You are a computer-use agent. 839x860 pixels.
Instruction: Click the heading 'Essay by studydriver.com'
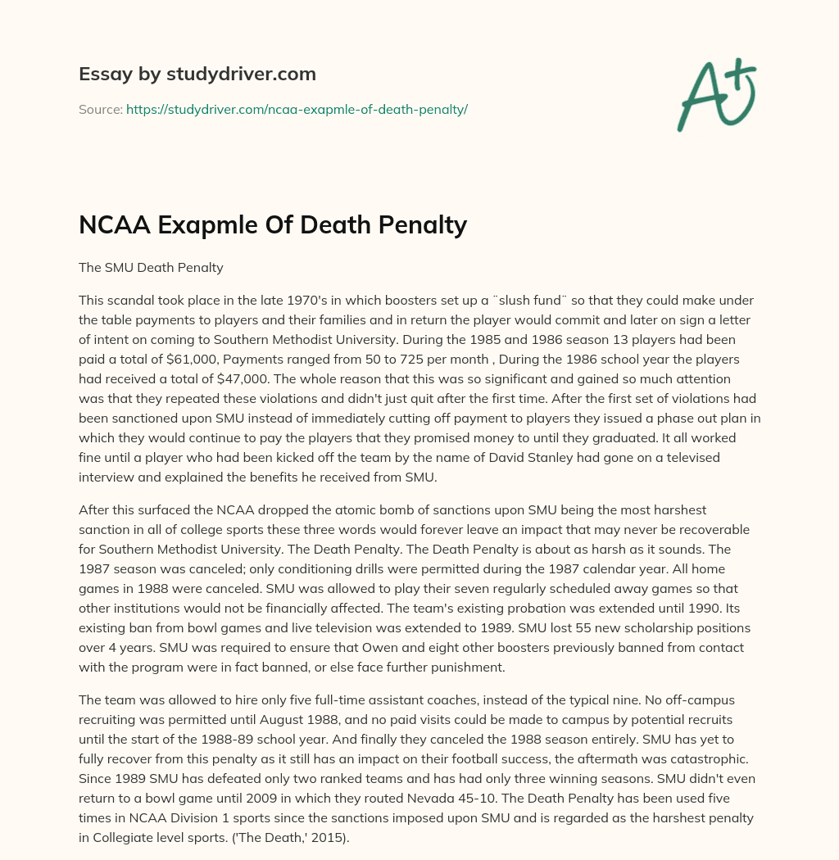click(x=197, y=74)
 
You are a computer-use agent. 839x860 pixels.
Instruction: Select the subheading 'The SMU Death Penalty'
click(x=151, y=267)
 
